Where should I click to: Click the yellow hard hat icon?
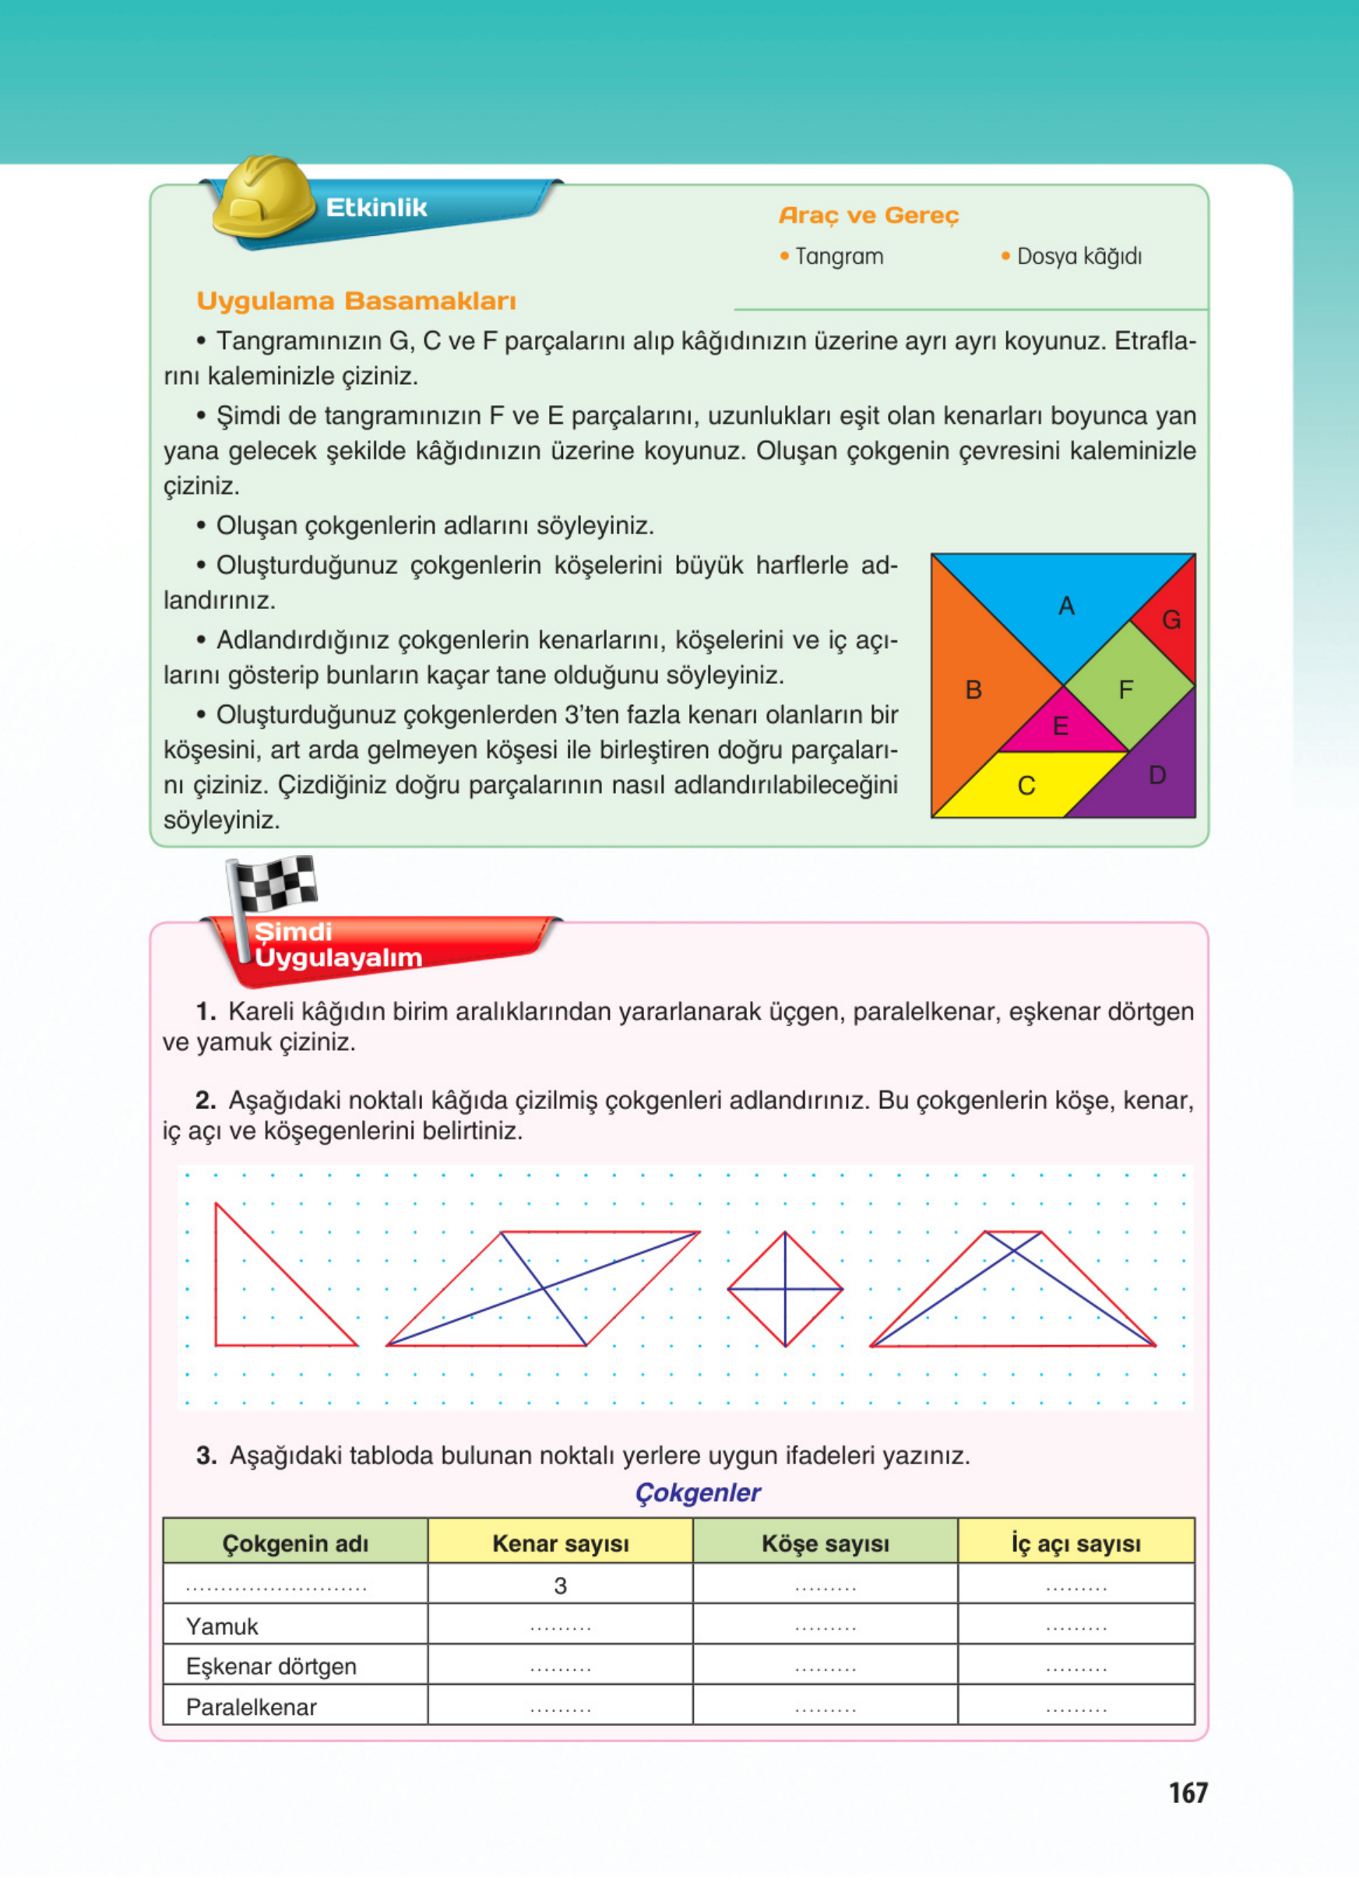[x=262, y=197]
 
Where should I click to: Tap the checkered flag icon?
[x=271, y=885]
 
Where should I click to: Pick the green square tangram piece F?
[x=1128, y=688]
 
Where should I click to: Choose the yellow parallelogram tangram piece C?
[x=1029, y=784]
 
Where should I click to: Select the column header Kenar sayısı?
[x=560, y=1544]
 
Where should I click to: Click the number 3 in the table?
[x=560, y=1586]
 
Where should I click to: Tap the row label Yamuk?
[x=222, y=1626]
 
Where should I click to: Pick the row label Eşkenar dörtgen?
[x=271, y=1667]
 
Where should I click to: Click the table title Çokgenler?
[x=697, y=1492]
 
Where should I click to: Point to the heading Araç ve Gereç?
[x=869, y=216]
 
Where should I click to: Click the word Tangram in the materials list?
[x=839, y=256]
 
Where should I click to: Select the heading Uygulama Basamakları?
[x=356, y=301]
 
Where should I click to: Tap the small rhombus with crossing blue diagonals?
[x=785, y=1290]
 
